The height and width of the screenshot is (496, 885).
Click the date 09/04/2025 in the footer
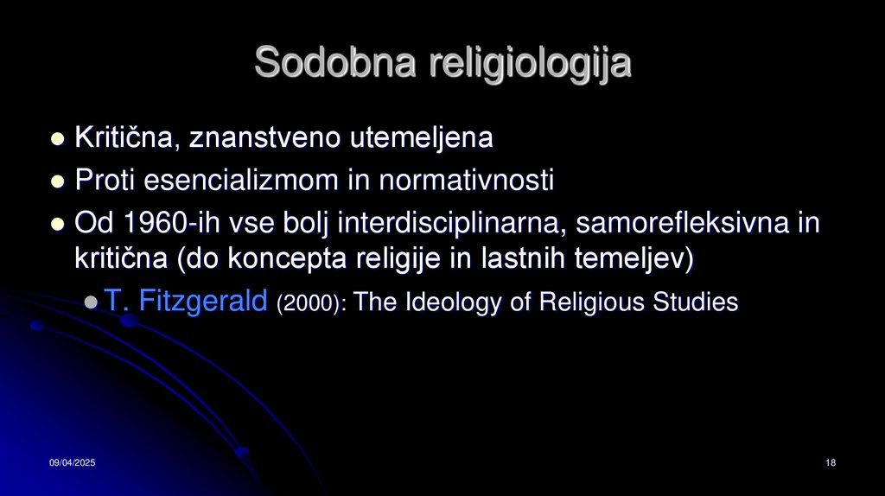click(x=72, y=465)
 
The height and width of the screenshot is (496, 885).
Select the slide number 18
click(x=831, y=465)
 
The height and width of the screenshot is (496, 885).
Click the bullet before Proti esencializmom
click(x=58, y=181)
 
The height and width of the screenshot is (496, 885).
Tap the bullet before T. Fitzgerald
click(x=91, y=302)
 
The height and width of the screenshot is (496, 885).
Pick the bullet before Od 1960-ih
click(x=58, y=225)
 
